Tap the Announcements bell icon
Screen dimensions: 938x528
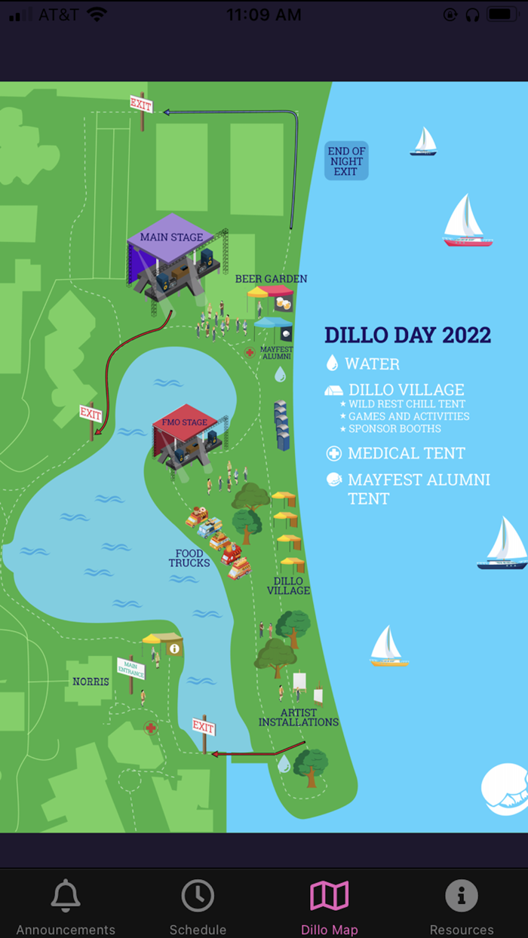[x=66, y=896]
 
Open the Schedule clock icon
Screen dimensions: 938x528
[x=198, y=896]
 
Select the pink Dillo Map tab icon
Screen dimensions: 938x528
[x=330, y=896]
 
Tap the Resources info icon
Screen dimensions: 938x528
[x=462, y=896]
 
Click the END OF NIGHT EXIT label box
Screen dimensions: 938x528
[x=346, y=161]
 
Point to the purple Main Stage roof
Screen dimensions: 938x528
[x=172, y=237]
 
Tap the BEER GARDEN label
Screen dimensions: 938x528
[x=271, y=279]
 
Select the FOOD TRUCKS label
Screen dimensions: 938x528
[x=189, y=559]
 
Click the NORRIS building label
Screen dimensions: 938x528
[x=91, y=682]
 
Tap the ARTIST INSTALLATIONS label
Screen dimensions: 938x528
[x=299, y=717]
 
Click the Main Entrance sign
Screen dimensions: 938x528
[x=130, y=668]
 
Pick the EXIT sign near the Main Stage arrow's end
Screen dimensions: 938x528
[x=91, y=413]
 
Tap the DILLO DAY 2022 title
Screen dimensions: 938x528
[x=407, y=335]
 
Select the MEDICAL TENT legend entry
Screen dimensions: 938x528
[x=406, y=453]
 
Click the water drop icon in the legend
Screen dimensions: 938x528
[x=332, y=363]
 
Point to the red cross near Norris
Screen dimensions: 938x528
[x=151, y=728]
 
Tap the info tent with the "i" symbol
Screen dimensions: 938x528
[x=174, y=648]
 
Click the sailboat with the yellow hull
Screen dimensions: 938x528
[x=388, y=647]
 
